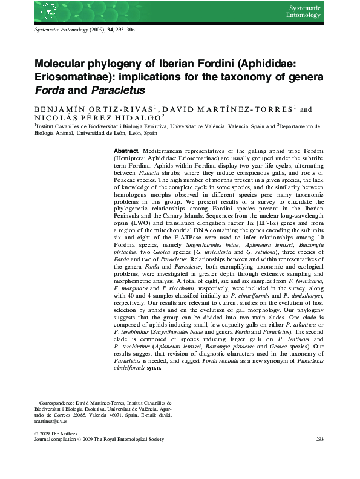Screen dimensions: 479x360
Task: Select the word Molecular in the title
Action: click(63, 64)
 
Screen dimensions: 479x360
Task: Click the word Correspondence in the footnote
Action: click(59, 402)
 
